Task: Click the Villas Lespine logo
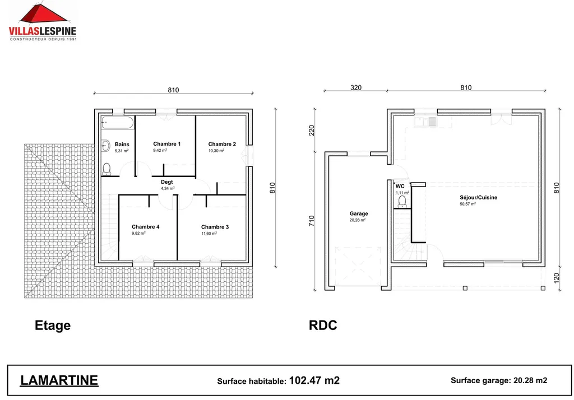(42, 22)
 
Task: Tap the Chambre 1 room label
(166, 144)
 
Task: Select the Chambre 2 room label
(221, 144)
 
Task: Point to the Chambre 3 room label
(215, 227)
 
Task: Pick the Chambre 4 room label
(145, 227)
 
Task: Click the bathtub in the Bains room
(117, 122)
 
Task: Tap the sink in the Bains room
(105, 146)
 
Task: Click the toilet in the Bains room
(107, 168)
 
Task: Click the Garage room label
(358, 213)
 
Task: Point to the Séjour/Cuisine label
(478, 197)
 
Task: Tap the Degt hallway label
(167, 182)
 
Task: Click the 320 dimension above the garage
(356, 87)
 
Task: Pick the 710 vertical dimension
(312, 221)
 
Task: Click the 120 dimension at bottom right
(557, 278)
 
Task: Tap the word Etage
(53, 325)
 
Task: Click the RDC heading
(323, 325)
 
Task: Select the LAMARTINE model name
(59, 380)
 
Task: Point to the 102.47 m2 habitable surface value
(314, 380)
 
